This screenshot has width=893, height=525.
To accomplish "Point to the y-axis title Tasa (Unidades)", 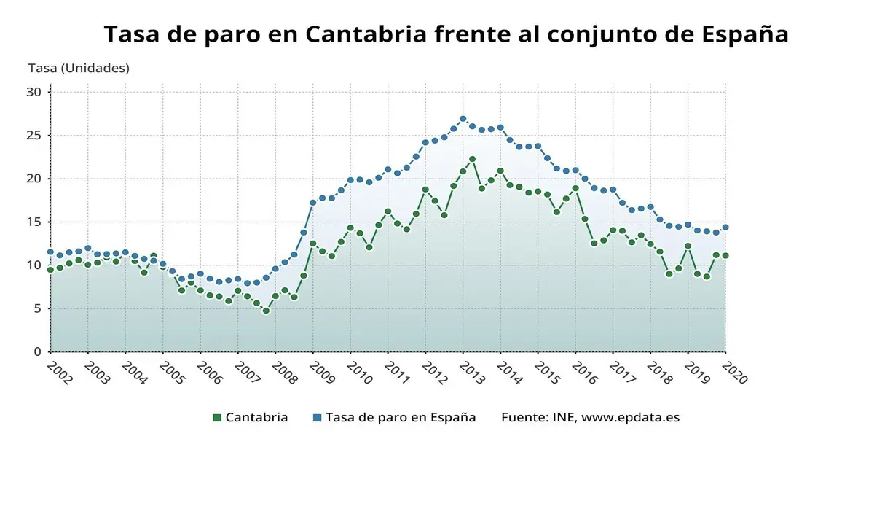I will pyautogui.click(x=79, y=68).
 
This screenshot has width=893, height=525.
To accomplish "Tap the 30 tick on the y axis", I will pyautogui.click(x=34, y=92).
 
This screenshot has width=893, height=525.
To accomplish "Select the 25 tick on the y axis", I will pyautogui.click(x=34, y=135).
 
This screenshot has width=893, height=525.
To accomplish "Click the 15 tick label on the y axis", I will pyautogui.click(x=34, y=222).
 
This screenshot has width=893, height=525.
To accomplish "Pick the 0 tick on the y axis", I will pyautogui.click(x=37, y=351).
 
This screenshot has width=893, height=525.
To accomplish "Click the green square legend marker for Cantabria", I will pyautogui.click(x=216, y=418).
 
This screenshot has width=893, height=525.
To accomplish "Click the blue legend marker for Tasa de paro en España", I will pyautogui.click(x=317, y=418).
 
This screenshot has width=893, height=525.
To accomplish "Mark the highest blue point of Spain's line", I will pyautogui.click(x=463, y=119).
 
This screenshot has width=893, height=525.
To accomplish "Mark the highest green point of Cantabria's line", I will pyautogui.click(x=472, y=159).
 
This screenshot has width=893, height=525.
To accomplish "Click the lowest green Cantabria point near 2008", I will pyautogui.click(x=266, y=311).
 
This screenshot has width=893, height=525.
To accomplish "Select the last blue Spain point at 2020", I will pyautogui.click(x=725, y=227).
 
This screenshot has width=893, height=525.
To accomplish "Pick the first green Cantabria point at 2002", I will pyautogui.click(x=50, y=270).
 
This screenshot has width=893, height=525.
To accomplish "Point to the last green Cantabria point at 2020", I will pyautogui.click(x=725, y=256).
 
